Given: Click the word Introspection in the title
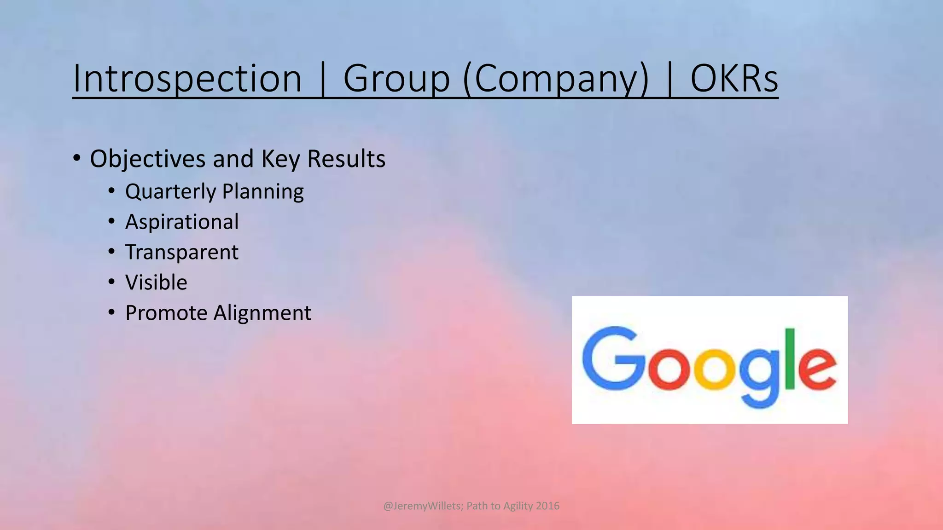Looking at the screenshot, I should (187, 79).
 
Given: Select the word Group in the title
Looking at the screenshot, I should (396, 80).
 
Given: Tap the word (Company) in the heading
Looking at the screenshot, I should (556, 80).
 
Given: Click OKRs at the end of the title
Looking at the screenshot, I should (734, 79).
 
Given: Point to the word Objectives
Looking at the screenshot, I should (147, 159).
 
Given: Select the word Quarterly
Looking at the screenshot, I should (171, 192).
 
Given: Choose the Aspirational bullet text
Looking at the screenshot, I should (182, 222).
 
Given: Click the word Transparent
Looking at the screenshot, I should (182, 253).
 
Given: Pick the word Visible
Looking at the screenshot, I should (156, 282).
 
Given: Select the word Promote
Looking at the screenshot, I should (166, 313).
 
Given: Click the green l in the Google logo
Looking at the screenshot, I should (790, 359).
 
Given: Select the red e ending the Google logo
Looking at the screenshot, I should (816, 369).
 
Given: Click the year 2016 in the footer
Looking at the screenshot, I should (547, 506).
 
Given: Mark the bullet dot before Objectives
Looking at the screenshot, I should (77, 158).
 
